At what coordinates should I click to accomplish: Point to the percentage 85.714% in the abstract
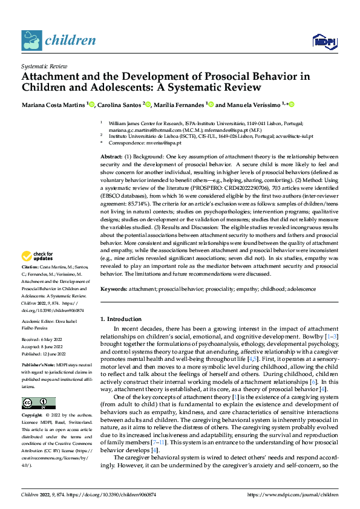click(x=139, y=195)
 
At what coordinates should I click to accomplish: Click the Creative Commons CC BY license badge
click(x=38, y=386)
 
